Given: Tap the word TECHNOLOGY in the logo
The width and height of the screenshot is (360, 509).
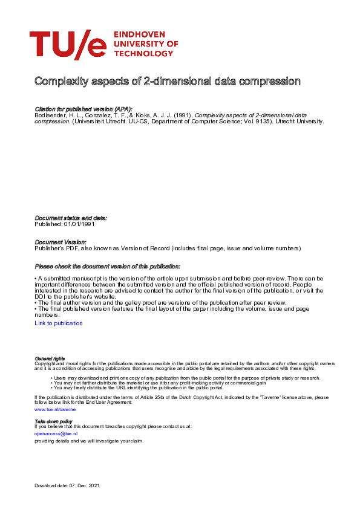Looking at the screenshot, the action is (x=143, y=53).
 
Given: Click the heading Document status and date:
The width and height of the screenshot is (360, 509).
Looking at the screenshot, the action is (x=71, y=218).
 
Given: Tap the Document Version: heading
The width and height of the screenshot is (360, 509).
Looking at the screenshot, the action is (x=61, y=242).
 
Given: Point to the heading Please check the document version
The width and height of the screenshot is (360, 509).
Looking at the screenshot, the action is (x=107, y=267).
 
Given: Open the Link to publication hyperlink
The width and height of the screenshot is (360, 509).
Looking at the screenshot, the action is (x=59, y=323).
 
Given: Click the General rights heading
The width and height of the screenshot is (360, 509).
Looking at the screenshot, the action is (x=50, y=358).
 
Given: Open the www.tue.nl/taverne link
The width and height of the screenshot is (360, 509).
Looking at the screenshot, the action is (x=55, y=409).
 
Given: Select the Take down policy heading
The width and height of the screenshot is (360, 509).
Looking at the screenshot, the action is (x=53, y=421).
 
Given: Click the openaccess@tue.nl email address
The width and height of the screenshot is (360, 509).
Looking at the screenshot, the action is (x=56, y=433).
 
